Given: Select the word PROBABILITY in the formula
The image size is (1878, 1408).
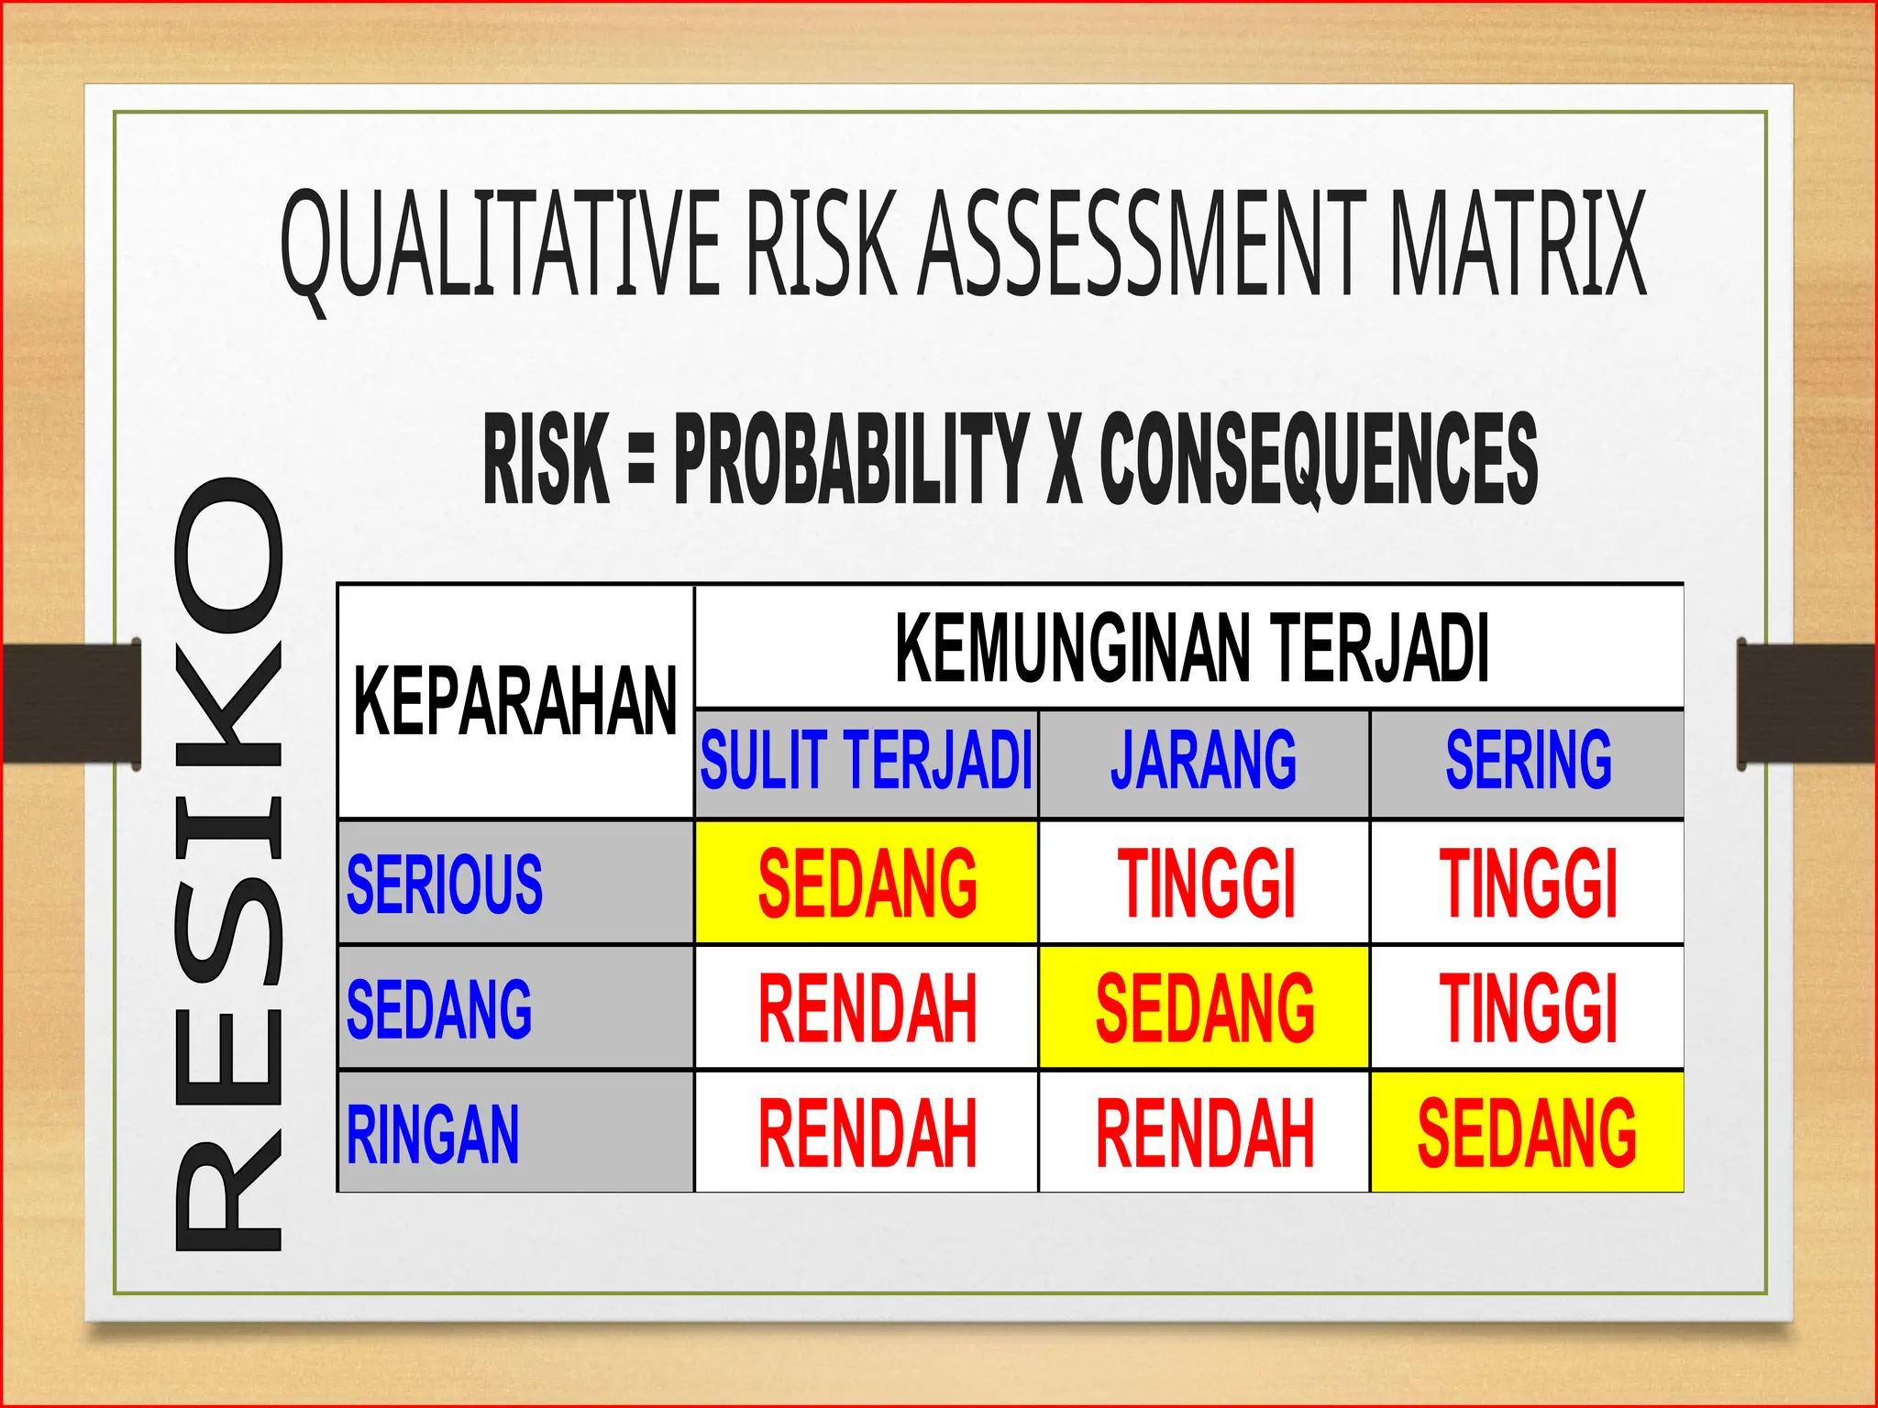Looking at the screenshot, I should [851, 457].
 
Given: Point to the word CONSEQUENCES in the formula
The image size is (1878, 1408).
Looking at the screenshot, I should [1319, 457].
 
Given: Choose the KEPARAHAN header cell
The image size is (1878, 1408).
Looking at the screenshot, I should [515, 701].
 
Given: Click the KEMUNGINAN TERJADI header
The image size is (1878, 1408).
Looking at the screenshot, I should [1190, 648].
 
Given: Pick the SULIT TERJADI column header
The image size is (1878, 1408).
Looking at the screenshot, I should [867, 761].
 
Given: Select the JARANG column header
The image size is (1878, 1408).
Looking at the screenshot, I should [1203, 761].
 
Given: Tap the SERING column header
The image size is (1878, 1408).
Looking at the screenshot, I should [1528, 761].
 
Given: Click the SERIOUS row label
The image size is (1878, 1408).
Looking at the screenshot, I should [445, 884].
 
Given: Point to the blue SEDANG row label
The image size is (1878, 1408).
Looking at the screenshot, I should [439, 1008].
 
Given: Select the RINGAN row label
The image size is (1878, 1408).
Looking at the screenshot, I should [433, 1134].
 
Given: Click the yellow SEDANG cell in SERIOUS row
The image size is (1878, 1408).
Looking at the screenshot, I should [867, 884].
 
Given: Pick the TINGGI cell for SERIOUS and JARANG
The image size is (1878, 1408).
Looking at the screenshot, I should [1205, 884].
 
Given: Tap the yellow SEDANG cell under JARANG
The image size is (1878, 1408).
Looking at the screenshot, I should [1205, 1008].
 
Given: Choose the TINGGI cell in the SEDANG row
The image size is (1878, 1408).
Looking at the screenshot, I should [1528, 1008].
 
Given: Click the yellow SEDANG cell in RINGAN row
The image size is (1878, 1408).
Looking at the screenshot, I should [1528, 1134].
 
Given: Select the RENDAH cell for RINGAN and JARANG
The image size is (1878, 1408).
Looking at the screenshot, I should [1205, 1134].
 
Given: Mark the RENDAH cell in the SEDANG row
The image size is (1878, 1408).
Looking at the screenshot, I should [867, 1008].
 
